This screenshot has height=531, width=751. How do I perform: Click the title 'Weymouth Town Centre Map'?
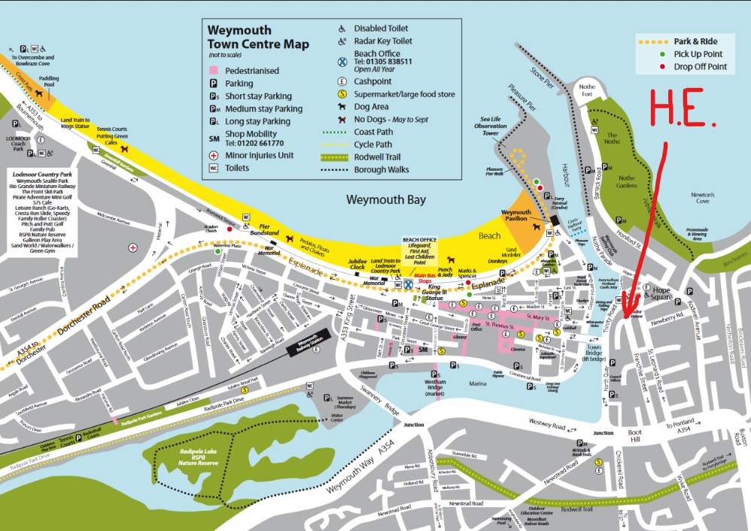click(x=258, y=37)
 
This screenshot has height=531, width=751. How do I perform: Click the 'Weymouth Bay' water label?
click(x=385, y=200)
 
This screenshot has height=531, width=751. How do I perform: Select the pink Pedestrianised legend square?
click(x=214, y=71)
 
